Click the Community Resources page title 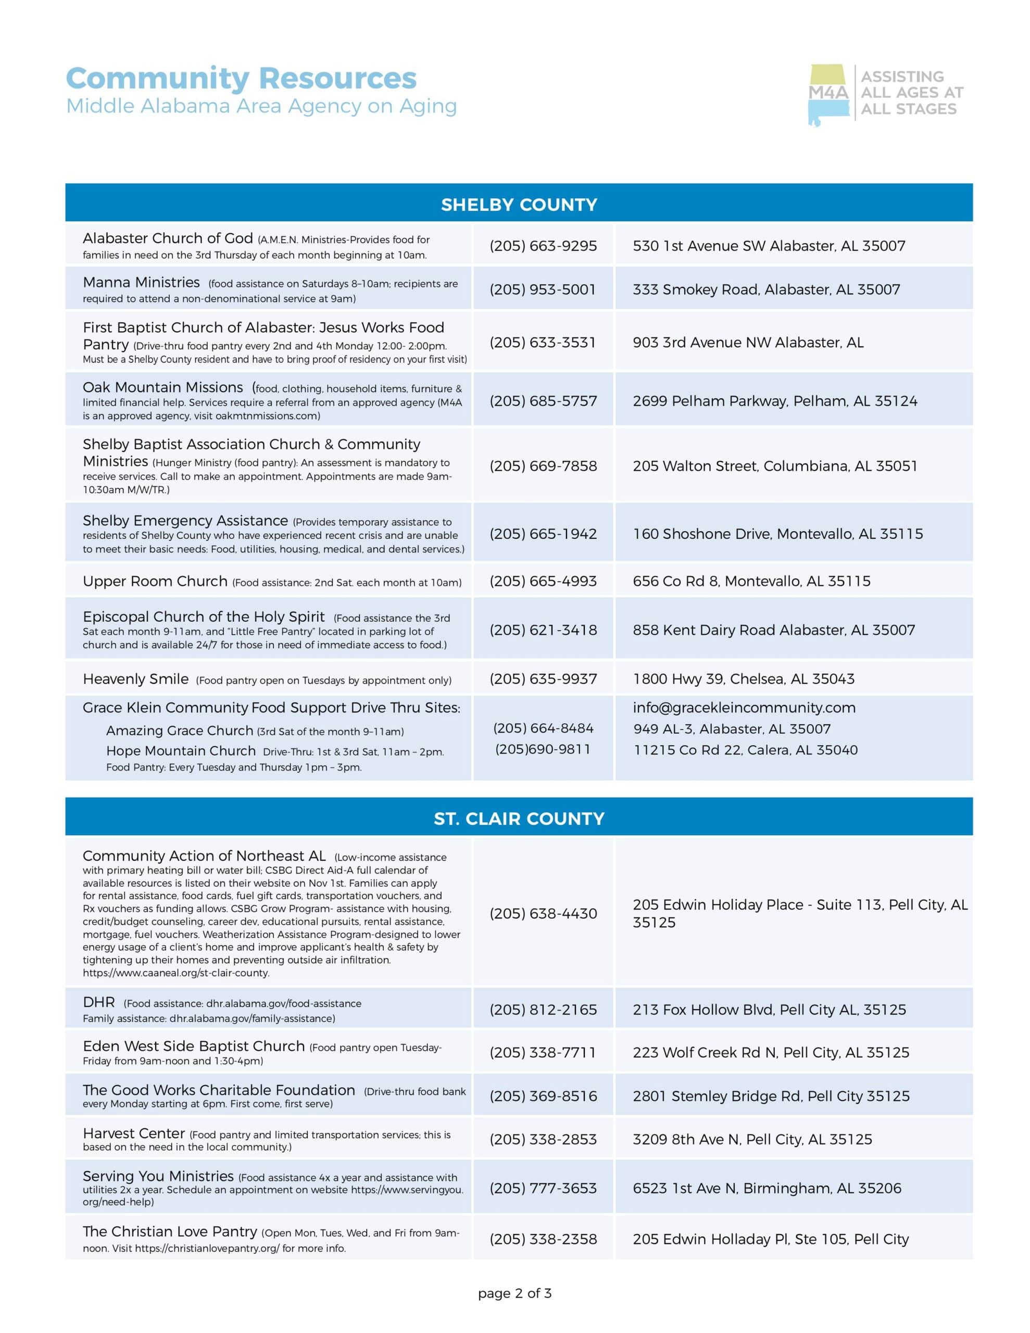tap(241, 79)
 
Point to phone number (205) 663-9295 tap(543, 246)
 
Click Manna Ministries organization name tap(141, 283)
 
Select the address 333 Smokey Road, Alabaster tap(765, 290)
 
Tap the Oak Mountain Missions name tap(163, 387)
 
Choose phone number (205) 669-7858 tap(543, 466)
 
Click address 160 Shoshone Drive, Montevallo tap(777, 534)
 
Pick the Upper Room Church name tap(155, 581)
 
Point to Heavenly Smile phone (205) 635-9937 tap(543, 678)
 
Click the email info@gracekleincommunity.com tap(744, 708)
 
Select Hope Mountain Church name tap(181, 751)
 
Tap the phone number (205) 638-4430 tap(543, 913)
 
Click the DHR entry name tap(99, 1002)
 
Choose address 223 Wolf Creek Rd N tap(771, 1052)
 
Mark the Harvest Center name tap(134, 1133)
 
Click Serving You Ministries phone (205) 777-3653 tap(543, 1188)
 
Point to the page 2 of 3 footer tap(514, 1293)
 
